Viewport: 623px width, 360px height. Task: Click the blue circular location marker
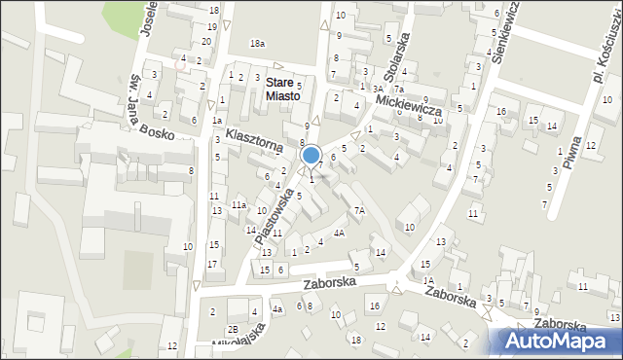[311, 155]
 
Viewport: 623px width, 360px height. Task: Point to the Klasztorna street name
[254, 138]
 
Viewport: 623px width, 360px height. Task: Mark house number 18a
[257, 44]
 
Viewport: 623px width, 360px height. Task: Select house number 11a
[238, 205]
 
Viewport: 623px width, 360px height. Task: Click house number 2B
[233, 329]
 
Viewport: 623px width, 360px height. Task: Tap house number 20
[206, 41]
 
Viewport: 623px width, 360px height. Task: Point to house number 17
[212, 265]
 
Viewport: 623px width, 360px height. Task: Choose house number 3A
[378, 88]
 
